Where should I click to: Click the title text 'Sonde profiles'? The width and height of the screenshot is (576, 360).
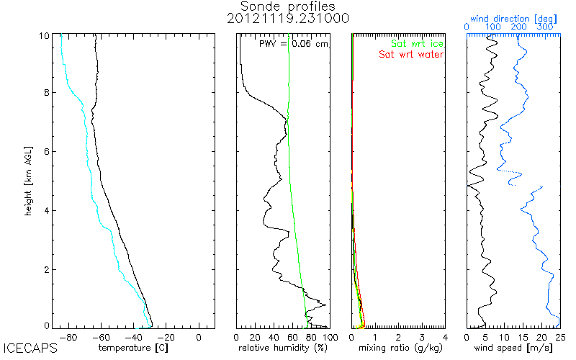(x=288, y=6)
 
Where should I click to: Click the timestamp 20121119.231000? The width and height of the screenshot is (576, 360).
(x=288, y=19)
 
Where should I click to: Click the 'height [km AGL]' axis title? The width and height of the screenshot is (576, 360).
(x=29, y=180)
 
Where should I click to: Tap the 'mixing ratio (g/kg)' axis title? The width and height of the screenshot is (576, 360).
(x=398, y=347)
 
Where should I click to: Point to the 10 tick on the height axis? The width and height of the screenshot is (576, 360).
(x=45, y=35)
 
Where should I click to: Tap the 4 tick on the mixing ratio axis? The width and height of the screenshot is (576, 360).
(x=445, y=336)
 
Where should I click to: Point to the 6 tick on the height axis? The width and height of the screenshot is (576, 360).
(x=47, y=151)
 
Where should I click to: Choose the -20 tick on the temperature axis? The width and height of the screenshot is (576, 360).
(x=166, y=336)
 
